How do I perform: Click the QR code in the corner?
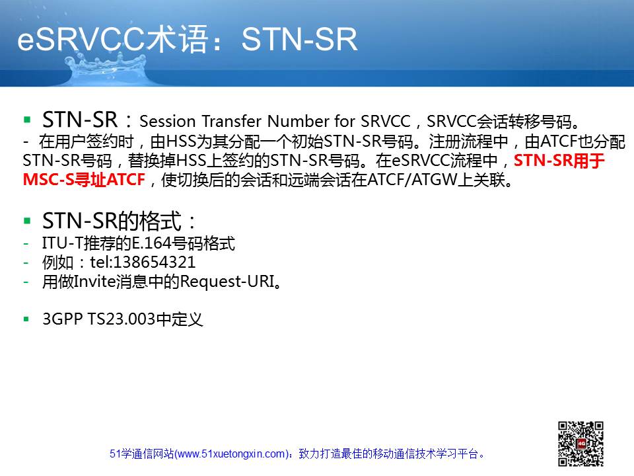click(x=581, y=444)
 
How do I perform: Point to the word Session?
click(x=167, y=121)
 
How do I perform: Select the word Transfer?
click(x=232, y=121)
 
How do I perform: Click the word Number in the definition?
click(x=299, y=121)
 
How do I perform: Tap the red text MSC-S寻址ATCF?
click(x=84, y=180)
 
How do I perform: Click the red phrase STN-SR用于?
click(x=559, y=161)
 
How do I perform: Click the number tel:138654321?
click(x=143, y=262)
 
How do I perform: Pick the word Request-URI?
click(x=227, y=282)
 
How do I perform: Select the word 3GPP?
click(x=62, y=319)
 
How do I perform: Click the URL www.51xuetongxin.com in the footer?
click(x=231, y=454)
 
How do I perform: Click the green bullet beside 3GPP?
click(x=26, y=319)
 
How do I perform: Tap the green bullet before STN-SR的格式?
click(x=27, y=221)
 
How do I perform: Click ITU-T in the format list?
click(x=62, y=243)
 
